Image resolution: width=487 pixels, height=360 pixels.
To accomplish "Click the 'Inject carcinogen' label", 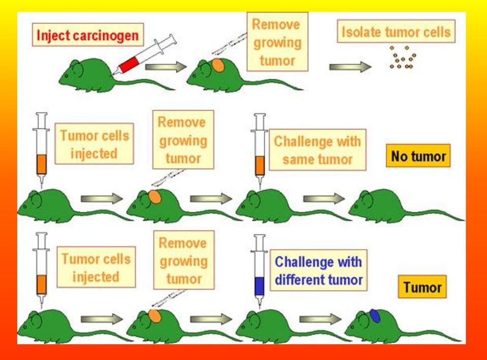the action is click(88, 35).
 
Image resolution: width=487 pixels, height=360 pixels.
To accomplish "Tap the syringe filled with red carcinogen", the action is click(145, 54).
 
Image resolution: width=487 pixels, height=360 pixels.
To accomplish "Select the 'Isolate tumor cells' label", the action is click(396, 31).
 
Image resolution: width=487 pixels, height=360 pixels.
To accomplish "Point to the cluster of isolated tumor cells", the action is click(403, 57).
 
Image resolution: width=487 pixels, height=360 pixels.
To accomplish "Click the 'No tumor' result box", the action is click(418, 155).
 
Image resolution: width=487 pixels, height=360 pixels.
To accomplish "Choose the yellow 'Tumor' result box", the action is click(422, 287).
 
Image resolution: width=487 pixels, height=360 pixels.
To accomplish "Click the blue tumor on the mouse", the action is click(375, 316).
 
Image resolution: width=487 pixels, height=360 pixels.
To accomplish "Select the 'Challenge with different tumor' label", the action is click(319, 270).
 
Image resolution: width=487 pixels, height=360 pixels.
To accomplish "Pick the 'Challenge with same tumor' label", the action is click(317, 150).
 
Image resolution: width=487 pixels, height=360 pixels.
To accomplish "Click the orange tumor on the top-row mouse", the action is click(218, 66).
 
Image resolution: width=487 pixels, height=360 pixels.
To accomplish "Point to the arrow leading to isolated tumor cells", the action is click(350, 67).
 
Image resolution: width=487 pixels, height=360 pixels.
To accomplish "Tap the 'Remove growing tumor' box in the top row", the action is click(277, 42).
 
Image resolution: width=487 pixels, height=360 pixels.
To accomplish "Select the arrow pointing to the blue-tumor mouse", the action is click(320, 319).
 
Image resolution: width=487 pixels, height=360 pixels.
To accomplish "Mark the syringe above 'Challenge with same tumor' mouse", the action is click(259, 151).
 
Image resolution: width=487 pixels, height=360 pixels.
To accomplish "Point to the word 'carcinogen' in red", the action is click(109, 36).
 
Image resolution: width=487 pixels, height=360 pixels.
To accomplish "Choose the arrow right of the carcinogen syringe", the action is click(166, 67).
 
